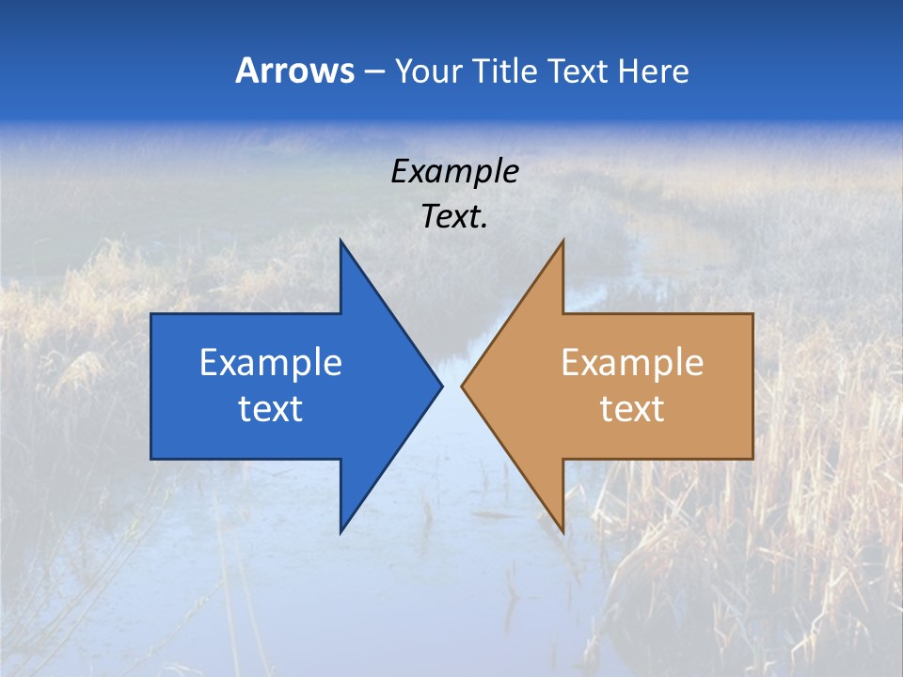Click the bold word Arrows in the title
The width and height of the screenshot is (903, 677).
[293, 71]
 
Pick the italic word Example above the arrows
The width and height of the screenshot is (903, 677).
[455, 171]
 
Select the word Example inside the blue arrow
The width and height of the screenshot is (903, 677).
[271, 362]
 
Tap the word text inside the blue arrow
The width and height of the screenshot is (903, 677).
[271, 408]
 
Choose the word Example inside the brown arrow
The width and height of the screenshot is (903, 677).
[632, 362]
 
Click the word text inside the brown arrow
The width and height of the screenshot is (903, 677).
[632, 408]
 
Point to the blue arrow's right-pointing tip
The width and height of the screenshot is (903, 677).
[441, 386]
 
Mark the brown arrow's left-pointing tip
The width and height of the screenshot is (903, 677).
[462, 386]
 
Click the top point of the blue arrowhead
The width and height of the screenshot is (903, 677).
[341, 241]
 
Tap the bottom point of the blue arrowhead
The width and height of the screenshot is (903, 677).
[341, 532]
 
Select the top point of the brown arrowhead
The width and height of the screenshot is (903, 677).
[562, 241]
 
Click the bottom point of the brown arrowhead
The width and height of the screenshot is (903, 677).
[562, 532]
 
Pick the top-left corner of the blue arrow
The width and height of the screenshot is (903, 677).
[151, 314]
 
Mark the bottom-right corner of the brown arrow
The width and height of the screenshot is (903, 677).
[752, 458]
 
